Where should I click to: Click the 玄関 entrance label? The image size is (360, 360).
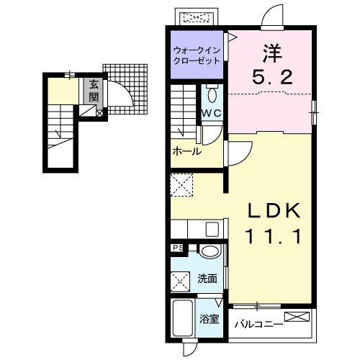coord(94,91)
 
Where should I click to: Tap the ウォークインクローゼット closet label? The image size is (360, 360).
coord(197,55)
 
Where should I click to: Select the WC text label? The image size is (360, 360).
coord(211,113)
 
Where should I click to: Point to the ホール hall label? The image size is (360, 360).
coord(187,151)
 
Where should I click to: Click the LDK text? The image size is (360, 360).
coord(274,210)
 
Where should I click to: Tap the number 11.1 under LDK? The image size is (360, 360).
coord(273,236)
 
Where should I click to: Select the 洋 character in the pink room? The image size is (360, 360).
coord(272,53)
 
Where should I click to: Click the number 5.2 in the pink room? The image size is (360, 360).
coord(272,77)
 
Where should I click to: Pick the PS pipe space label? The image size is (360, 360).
coord(178,248)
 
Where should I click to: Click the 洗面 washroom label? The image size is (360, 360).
coord(207,279)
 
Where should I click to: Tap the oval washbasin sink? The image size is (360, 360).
coord(210,252)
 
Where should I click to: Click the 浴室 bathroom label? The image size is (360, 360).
coord(209,319)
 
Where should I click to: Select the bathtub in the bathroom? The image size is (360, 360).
coord(183,318)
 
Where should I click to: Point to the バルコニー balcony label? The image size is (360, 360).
coord(258,325)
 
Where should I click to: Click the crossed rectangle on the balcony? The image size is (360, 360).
coord(297,317)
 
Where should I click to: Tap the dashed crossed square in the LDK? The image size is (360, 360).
coord(181,185)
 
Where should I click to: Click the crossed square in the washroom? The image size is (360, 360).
coord(180,282)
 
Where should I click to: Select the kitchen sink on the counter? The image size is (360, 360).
coord(212,229)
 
